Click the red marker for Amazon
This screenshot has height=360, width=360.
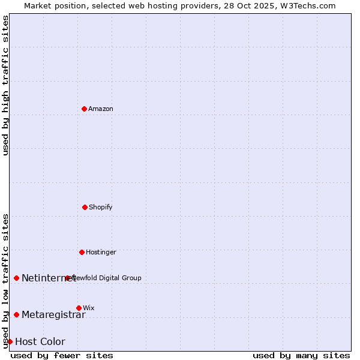pyautogui.click(x=84, y=109)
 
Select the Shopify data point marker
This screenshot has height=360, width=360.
pyautogui.click(x=85, y=207)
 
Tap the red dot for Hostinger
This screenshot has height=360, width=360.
pyautogui.click(x=82, y=252)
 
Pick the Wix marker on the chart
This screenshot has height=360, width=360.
pyautogui.click(x=79, y=308)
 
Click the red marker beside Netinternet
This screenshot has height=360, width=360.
pyautogui.click(x=16, y=278)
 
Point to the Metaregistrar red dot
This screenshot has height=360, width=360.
pyautogui.click(x=16, y=314)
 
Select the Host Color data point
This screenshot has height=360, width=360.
pyautogui.click(x=10, y=341)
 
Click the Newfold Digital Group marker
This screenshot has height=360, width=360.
pyautogui.click(x=67, y=278)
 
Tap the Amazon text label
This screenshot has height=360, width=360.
pyautogui.click(x=101, y=109)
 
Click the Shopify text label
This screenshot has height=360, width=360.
pyautogui.click(x=101, y=207)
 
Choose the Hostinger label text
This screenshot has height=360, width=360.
pyautogui.click(x=101, y=252)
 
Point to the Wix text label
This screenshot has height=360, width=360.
pyautogui.click(x=89, y=308)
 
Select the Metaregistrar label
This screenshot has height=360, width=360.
pyautogui.click(x=53, y=315)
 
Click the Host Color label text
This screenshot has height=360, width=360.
pyautogui.click(x=40, y=342)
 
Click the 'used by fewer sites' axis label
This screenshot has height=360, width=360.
pyautogui.click(x=62, y=355)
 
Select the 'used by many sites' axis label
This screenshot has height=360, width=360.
pyautogui.click(x=301, y=355)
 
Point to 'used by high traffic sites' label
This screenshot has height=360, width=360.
pyautogui.click(x=5, y=85)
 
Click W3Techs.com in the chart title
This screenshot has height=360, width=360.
pyautogui.click(x=306, y=5)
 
